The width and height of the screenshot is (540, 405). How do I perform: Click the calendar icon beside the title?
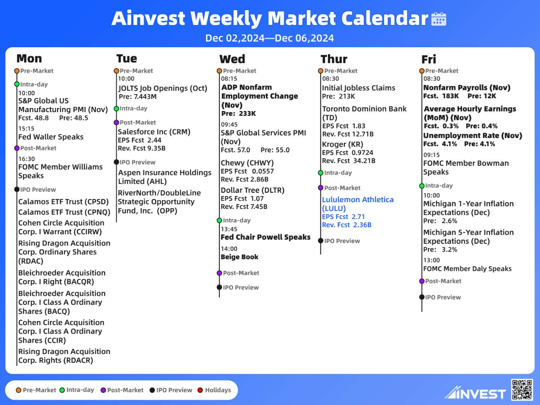pyautogui.click(x=439, y=19)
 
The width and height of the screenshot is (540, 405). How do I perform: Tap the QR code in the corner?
pyautogui.click(x=522, y=390)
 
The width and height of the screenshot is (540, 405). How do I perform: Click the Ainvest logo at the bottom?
pyautogui.click(x=475, y=393)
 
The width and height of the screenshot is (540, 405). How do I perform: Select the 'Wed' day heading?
pyautogui.click(x=232, y=59)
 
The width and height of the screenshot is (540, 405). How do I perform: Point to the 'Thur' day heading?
pyautogui.click(x=334, y=59)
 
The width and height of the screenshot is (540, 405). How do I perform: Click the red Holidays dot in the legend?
pyautogui.click(x=200, y=390)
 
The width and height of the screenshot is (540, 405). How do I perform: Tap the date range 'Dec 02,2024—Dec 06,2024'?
pyautogui.click(x=270, y=38)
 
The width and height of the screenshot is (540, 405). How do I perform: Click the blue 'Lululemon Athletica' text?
pyautogui.click(x=358, y=199)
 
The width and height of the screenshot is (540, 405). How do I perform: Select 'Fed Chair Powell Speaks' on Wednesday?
pyautogui.click(x=265, y=237)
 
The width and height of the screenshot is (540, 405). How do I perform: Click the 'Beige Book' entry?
pyautogui.click(x=239, y=257)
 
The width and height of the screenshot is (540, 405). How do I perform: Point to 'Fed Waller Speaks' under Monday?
pyautogui.click(x=51, y=137)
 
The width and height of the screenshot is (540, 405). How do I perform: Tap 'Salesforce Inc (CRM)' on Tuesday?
pyautogui.click(x=154, y=132)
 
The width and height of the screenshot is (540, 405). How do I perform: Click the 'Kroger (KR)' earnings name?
pyautogui.click(x=342, y=144)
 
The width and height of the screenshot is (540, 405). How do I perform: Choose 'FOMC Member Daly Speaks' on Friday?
pyautogui.click(x=467, y=268)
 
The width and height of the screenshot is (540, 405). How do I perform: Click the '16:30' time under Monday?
pyautogui.click(x=27, y=159)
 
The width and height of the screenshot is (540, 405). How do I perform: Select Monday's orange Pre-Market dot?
pyautogui.click(x=17, y=71)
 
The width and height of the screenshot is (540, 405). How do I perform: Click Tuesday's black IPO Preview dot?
pyautogui.click(x=116, y=162)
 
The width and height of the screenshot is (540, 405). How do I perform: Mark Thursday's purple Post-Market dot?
pyautogui.click(x=321, y=188)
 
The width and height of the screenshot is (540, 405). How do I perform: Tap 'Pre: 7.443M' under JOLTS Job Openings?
pyautogui.click(x=138, y=96)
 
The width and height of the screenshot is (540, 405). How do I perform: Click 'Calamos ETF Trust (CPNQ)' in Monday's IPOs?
pyautogui.click(x=64, y=212)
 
